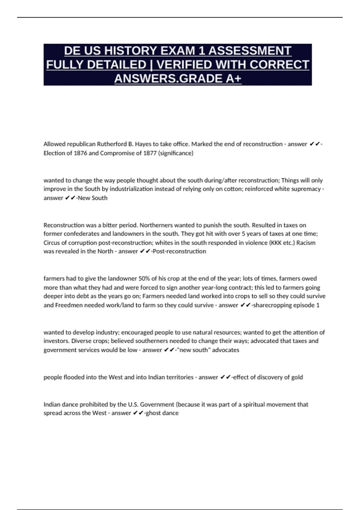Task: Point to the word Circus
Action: coord(52,243)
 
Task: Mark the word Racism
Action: coord(306,243)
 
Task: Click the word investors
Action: coord(56,341)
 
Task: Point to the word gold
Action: coord(297,377)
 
